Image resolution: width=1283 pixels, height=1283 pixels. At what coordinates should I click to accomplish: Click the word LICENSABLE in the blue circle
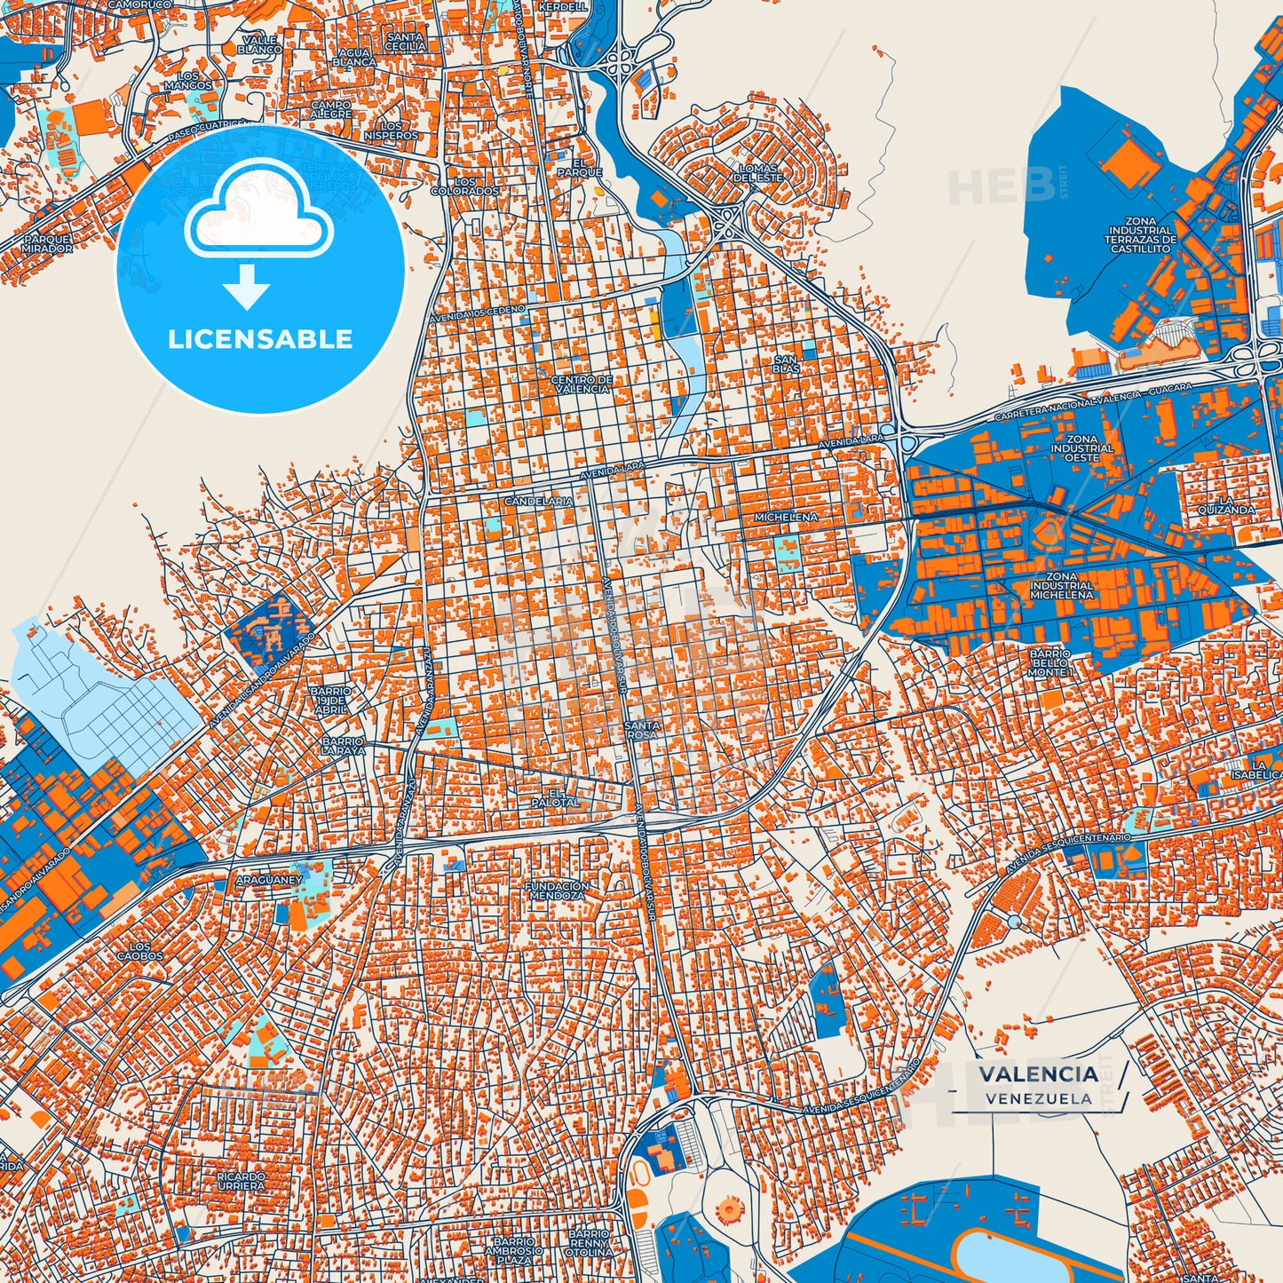260,339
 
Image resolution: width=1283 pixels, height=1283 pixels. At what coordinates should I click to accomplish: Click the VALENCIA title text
1038,1073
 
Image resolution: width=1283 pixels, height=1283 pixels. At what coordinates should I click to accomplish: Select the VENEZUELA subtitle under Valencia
1038,1098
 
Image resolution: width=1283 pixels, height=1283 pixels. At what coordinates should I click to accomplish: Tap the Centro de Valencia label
582,384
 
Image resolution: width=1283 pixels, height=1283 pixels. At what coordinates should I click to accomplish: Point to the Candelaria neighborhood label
538,502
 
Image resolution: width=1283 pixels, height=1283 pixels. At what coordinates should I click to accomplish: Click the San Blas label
786,364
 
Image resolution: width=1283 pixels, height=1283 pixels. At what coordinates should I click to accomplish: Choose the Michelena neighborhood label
786,517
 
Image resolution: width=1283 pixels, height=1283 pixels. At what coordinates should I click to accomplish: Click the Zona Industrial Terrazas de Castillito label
1141,235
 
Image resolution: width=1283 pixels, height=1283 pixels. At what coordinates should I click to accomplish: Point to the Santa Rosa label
641,730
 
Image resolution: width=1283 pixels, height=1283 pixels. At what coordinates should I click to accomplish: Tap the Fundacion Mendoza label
557,891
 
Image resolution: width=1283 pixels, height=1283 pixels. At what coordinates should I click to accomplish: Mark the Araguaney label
269,880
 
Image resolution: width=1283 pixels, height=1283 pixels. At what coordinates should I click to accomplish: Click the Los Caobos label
140,951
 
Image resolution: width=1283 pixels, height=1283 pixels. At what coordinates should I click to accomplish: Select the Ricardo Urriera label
241,1181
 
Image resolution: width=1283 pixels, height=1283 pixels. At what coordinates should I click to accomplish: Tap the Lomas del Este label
758,172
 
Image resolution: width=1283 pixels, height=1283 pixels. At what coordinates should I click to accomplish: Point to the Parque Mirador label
48,244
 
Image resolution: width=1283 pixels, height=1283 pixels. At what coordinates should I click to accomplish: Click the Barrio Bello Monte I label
1049,663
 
